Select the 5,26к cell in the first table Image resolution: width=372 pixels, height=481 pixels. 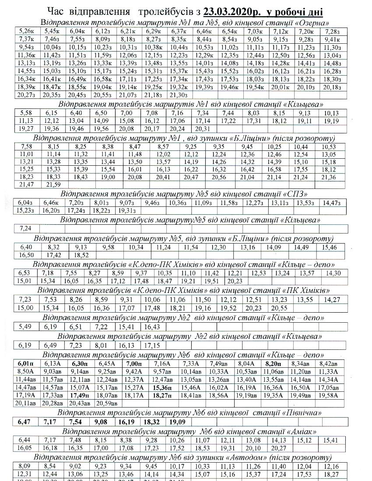click(27, 31)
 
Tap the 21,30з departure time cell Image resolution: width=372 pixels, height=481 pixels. click(178, 95)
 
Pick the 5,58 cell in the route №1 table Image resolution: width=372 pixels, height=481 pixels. click(27, 113)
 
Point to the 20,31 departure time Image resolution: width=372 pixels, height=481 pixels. click(203, 129)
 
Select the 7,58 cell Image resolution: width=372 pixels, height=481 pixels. click(27, 146)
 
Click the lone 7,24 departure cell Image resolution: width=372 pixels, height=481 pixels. click(27, 228)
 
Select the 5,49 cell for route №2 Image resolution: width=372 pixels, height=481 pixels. click(27, 327)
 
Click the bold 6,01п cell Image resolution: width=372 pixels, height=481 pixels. click(27, 363)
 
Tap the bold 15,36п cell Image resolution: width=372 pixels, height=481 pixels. click(164, 387)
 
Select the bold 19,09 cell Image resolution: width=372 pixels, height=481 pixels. click(177, 422)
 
